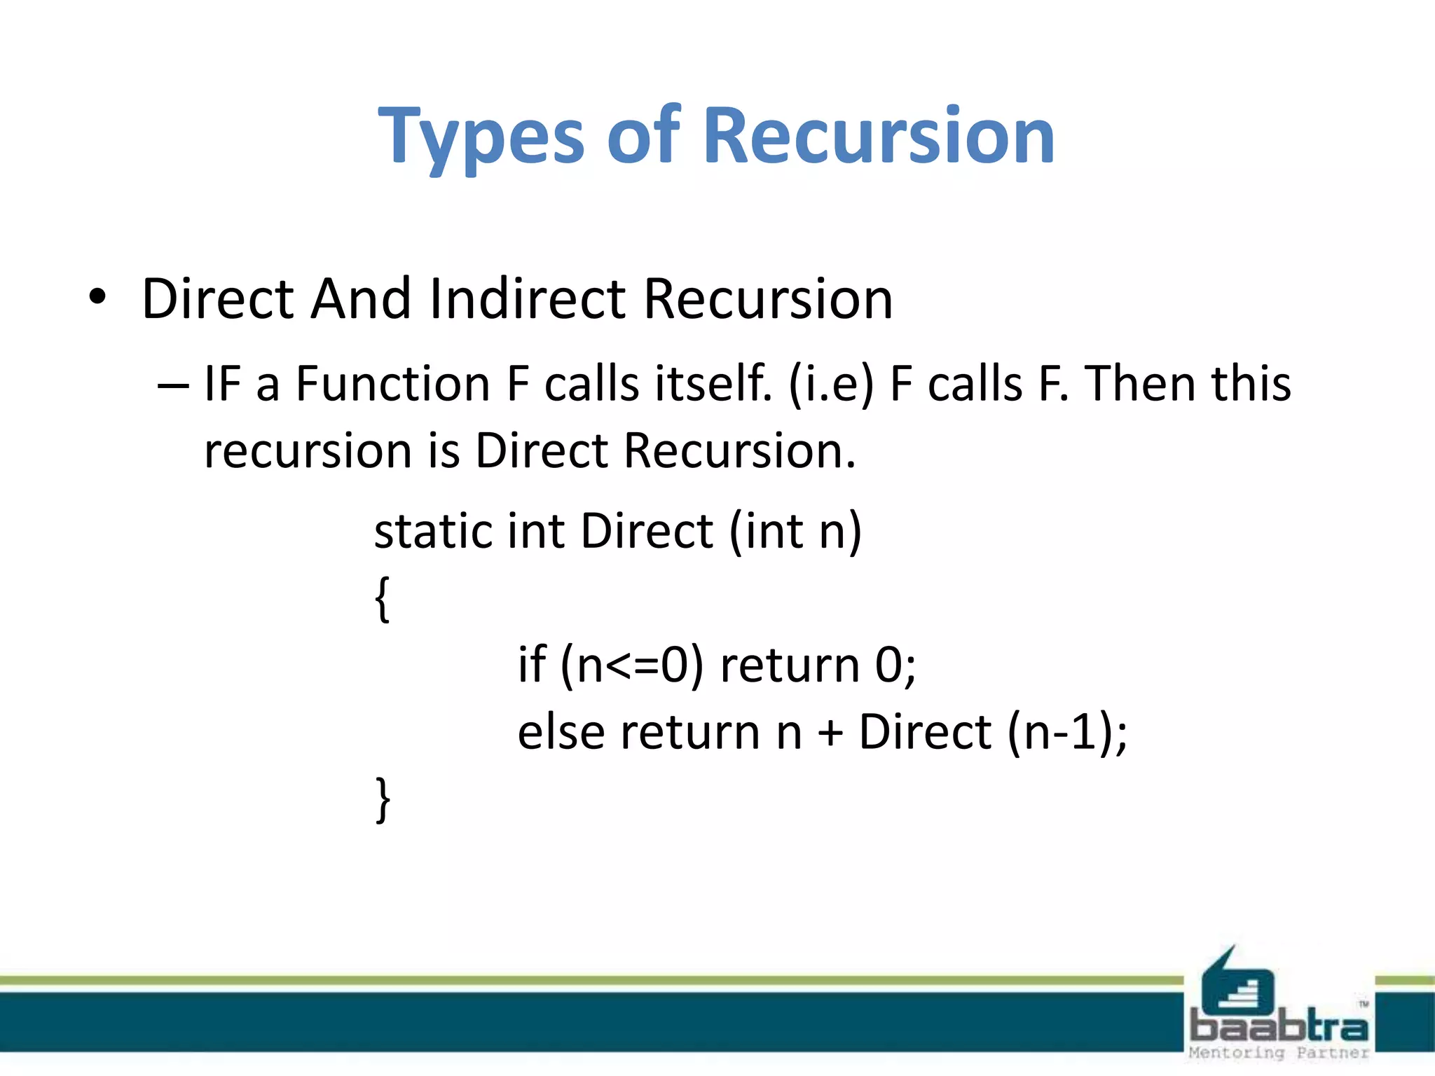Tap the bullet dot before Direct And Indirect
coord(98,298)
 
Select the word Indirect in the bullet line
coord(527,299)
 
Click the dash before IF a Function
coord(173,385)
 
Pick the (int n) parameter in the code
coord(795,531)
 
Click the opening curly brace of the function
coord(382,599)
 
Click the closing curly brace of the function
coord(383,799)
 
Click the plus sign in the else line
coord(830,733)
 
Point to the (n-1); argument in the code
coord(1067,733)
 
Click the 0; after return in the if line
coord(895,665)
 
